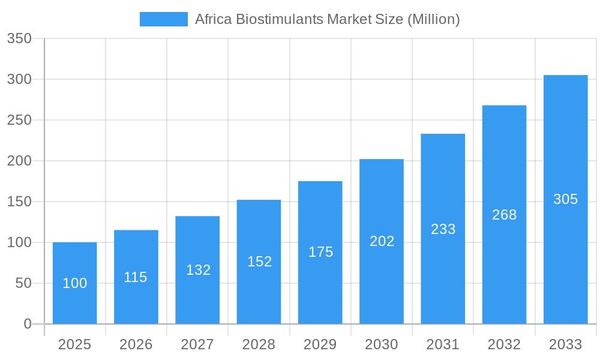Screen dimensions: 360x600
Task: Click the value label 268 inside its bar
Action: (504, 215)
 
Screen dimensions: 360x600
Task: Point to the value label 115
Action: (136, 277)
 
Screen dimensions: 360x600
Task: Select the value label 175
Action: (320, 252)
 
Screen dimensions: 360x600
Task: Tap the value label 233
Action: (443, 229)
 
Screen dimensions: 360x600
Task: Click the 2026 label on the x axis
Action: (136, 344)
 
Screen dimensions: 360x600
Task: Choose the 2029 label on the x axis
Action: (320, 344)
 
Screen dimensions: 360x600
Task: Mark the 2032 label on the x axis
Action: (504, 344)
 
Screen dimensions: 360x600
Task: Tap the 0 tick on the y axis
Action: (28, 324)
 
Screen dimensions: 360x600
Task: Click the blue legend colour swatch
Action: (163, 19)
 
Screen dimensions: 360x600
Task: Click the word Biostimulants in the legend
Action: (279, 19)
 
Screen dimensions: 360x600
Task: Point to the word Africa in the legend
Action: (213, 19)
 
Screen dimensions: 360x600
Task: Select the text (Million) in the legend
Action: (433, 19)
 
